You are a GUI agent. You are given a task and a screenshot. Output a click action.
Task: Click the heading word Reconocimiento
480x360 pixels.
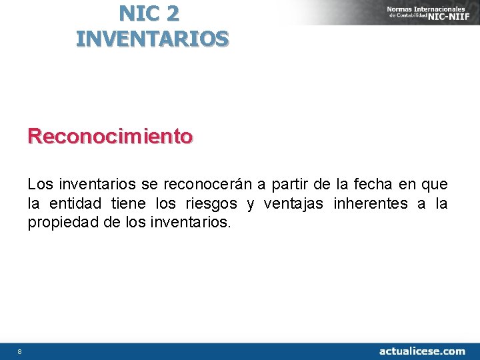110,137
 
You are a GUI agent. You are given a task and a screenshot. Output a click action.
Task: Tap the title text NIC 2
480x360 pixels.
149,13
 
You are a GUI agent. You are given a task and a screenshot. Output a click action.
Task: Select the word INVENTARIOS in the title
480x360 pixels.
152,39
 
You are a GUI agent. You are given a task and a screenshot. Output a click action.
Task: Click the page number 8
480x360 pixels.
20,351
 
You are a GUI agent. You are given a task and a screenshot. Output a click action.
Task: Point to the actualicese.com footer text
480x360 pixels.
422,351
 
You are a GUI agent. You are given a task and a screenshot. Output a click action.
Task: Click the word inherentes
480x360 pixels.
375,203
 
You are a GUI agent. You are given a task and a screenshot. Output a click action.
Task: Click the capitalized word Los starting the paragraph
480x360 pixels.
39,183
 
